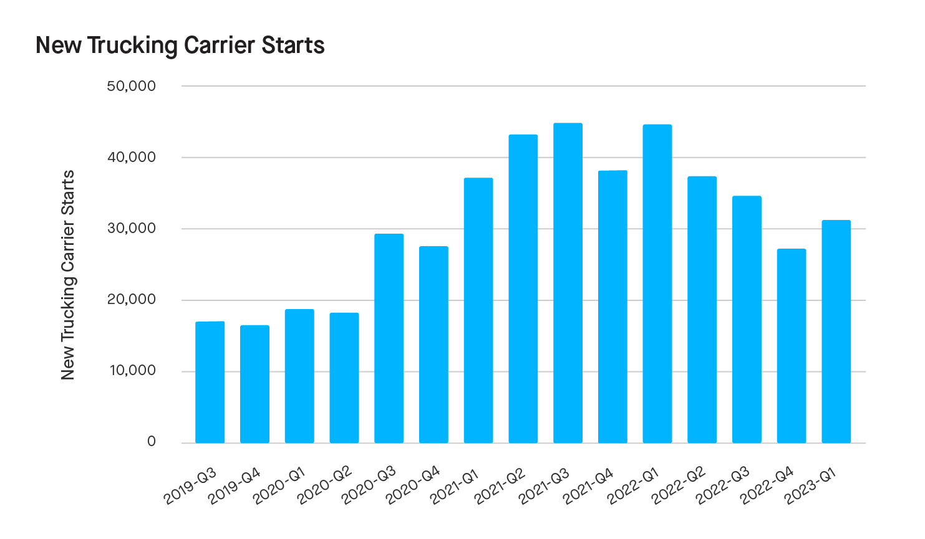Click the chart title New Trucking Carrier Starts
[180, 45]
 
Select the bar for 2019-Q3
[210, 382]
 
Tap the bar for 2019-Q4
[254, 384]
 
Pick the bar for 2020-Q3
[389, 338]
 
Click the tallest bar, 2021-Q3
[568, 283]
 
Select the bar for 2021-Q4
[613, 307]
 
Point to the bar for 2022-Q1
[657, 284]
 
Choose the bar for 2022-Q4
[792, 346]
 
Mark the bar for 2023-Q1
[836, 332]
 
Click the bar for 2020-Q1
[299, 376]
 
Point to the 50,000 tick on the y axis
[131, 86]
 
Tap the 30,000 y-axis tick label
[131, 229]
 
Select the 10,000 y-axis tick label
[132, 371]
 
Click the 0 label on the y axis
[151, 442]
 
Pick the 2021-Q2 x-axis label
[500, 486]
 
